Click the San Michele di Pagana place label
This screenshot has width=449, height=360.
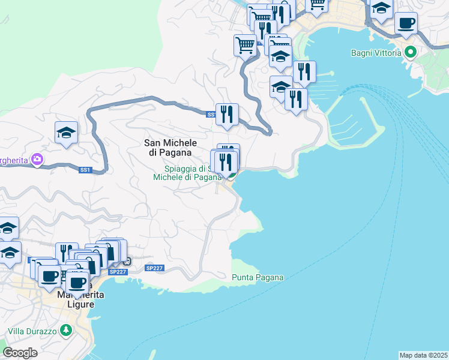click(x=170, y=147)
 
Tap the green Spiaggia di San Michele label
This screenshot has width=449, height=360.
click(x=187, y=173)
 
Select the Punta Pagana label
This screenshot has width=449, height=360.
click(x=258, y=278)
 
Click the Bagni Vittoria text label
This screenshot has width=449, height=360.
click(x=376, y=53)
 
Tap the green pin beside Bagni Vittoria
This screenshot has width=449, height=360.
click(x=411, y=52)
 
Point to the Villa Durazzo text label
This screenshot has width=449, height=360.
click(x=32, y=331)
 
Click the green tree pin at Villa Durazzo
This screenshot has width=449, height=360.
click(x=65, y=330)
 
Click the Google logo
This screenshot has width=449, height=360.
click(x=20, y=353)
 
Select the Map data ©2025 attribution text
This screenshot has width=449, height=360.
click(x=424, y=355)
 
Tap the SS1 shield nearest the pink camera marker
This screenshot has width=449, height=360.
click(x=85, y=170)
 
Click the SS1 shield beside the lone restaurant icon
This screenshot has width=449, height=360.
click(x=211, y=114)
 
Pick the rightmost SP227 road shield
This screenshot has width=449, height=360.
click(x=154, y=268)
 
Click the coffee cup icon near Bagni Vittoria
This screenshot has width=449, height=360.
click(x=406, y=23)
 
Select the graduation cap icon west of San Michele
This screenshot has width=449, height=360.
click(x=67, y=133)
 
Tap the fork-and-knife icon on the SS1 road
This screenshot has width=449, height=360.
click(x=227, y=114)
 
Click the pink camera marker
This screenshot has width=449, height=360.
click(x=38, y=159)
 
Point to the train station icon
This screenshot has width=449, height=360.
click(x=127, y=261)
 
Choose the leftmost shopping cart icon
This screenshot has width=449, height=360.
click(x=245, y=44)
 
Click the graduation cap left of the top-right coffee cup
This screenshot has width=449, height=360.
click(x=380, y=9)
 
